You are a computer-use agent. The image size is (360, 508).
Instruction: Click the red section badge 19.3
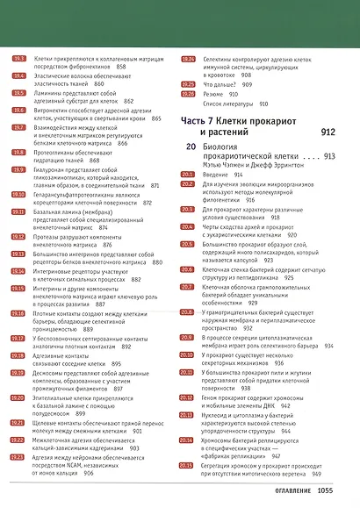[18, 58]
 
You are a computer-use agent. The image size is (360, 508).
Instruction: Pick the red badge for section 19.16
[18, 313]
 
